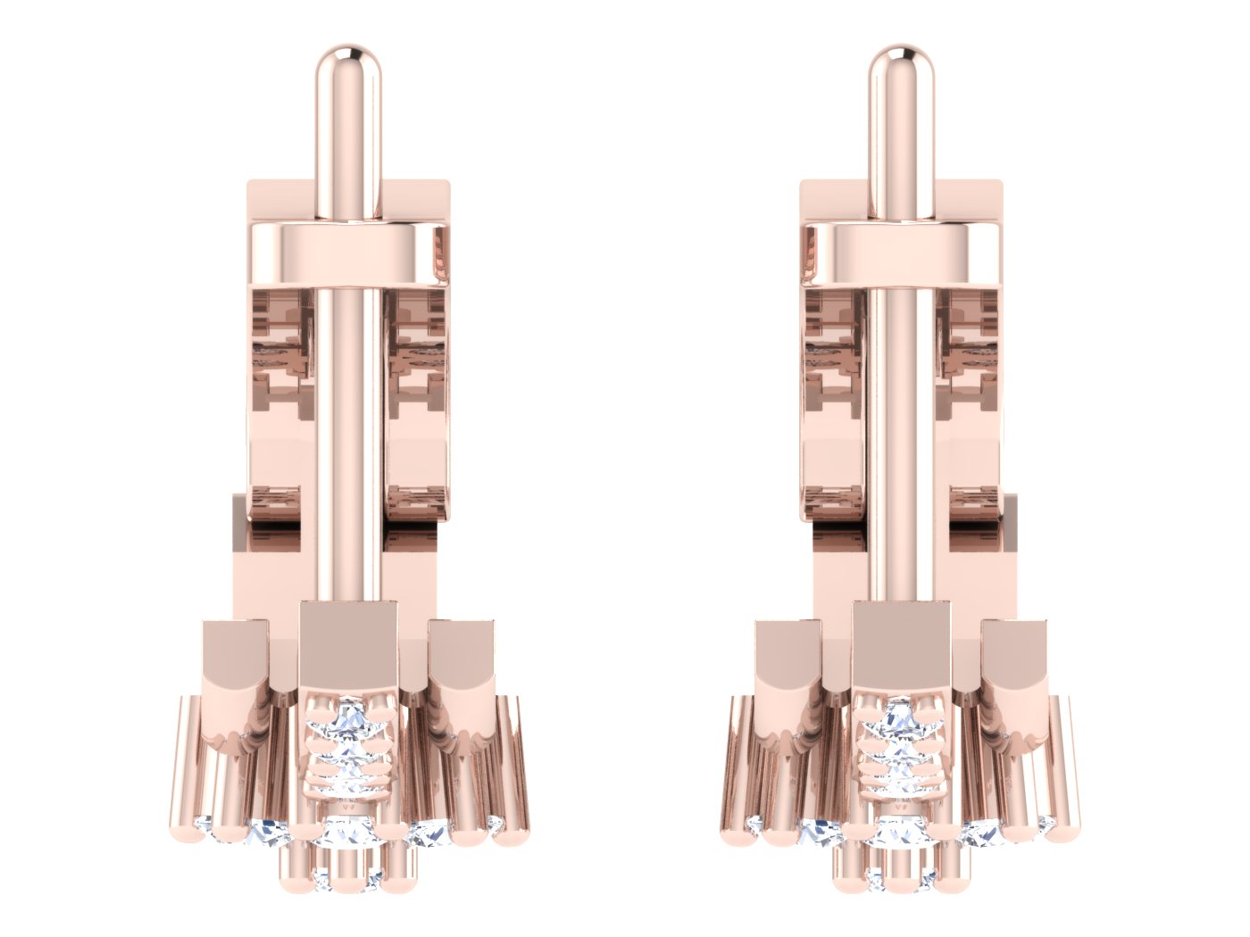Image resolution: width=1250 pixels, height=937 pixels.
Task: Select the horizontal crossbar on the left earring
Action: coord(348,254)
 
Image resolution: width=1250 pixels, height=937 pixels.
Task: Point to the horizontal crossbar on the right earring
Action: coord(902,254)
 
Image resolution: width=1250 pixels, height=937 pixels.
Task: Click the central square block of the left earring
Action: coord(347,643)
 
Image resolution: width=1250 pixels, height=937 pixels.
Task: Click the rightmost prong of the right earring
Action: coord(1066,767)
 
